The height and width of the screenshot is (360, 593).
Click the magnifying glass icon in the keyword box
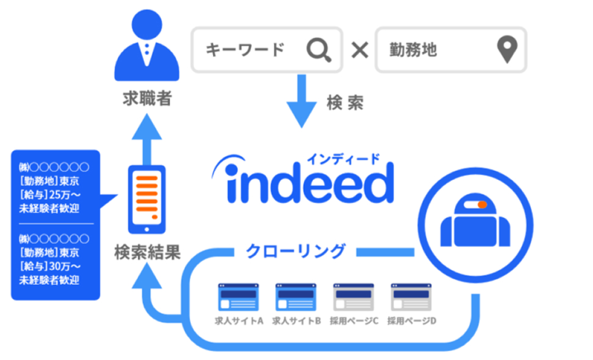[318, 50]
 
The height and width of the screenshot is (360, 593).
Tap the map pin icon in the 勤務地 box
[506, 50]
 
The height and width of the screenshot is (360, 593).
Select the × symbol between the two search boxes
[361, 50]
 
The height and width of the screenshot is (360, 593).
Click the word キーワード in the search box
[245, 50]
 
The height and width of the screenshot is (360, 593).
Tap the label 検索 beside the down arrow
[345, 103]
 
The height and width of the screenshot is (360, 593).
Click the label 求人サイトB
[296, 320]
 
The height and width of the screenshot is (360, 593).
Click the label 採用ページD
[411, 320]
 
